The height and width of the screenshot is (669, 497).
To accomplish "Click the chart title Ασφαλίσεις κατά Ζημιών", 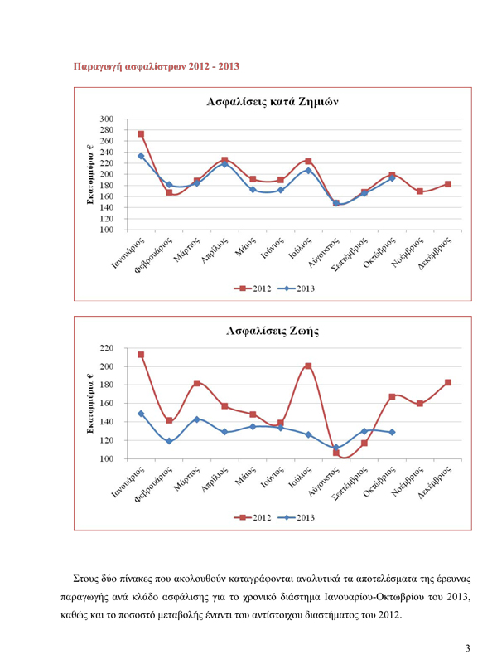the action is (273, 102).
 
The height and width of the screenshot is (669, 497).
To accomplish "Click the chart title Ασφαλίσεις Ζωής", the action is (273, 331).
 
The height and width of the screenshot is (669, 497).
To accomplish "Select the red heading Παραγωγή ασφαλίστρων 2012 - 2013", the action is (156, 66).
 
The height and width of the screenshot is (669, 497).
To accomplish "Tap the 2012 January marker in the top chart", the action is (141, 134).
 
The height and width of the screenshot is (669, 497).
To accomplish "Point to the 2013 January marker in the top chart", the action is (141, 156).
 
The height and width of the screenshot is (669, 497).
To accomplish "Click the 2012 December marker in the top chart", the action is (448, 184).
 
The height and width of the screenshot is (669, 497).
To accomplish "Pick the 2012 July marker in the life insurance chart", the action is (308, 366).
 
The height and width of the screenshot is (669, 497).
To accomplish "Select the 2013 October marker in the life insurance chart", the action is (392, 432).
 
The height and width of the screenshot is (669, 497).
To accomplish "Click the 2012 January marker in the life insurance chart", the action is (141, 355).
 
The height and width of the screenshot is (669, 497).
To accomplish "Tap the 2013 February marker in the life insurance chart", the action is (169, 441).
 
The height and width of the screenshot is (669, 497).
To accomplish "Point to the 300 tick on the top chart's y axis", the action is (107, 119).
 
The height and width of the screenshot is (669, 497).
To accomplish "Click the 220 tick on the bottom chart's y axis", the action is (107, 348).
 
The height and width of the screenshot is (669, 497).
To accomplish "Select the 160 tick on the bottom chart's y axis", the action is (107, 403).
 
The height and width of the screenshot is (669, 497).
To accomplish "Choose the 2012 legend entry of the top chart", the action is (253, 288).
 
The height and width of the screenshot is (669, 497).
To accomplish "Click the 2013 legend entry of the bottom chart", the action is (297, 518).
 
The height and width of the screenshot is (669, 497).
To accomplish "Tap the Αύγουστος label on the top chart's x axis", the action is (325, 253).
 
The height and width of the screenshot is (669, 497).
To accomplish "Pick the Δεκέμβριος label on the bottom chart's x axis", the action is (435, 483).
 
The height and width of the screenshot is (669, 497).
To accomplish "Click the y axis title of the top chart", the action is (90, 174).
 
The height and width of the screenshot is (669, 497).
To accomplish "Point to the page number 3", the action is (467, 648).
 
